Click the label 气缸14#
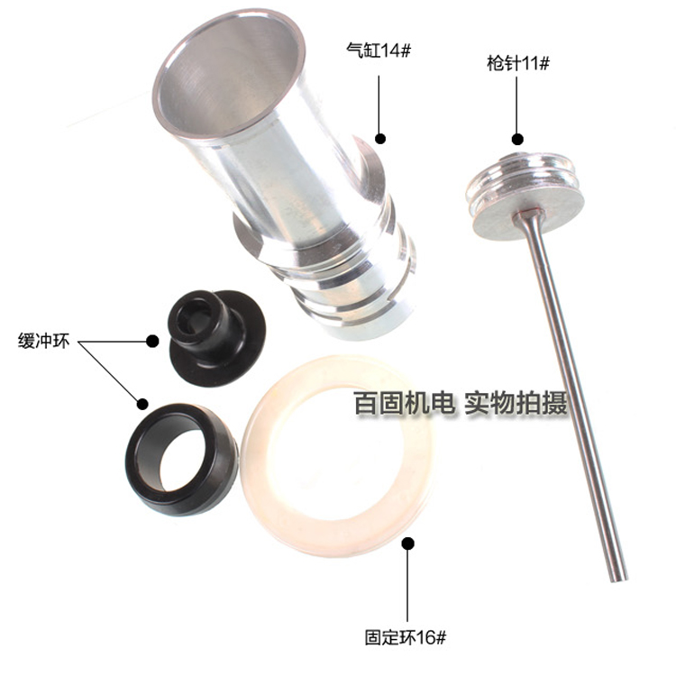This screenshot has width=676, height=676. pyautogui.click(x=379, y=50)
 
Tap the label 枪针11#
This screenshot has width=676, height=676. pyautogui.click(x=518, y=63)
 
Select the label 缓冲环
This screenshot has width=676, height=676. pyautogui.click(x=43, y=341)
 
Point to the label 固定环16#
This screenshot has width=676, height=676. pyautogui.click(x=406, y=637)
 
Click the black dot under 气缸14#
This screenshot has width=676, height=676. pyautogui.click(x=379, y=139)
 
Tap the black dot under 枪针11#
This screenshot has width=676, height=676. pyautogui.click(x=517, y=139)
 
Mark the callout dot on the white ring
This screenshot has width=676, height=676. pyautogui.click(x=407, y=544)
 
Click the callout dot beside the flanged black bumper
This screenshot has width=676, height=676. pyautogui.click(x=152, y=341)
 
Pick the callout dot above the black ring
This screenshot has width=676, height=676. pyautogui.click(x=142, y=404)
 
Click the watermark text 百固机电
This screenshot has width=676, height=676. pyautogui.click(x=405, y=403)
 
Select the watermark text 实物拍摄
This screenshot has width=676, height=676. pyautogui.click(x=516, y=403)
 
